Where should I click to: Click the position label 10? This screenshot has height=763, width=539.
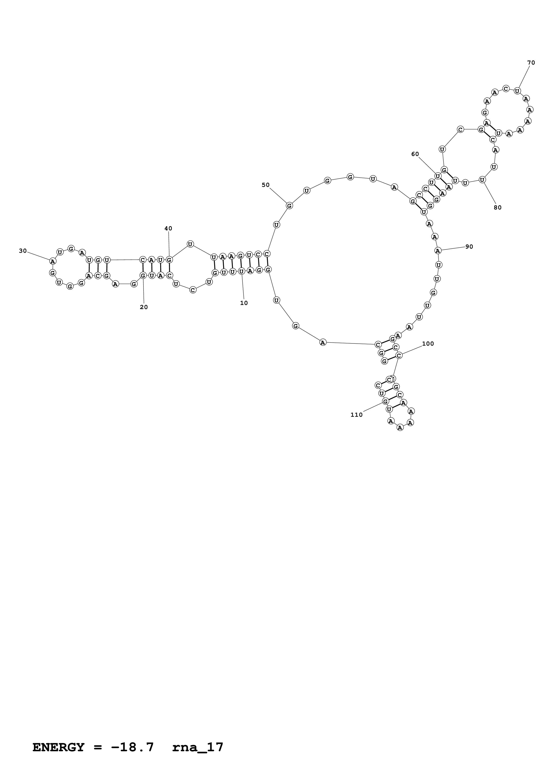244,303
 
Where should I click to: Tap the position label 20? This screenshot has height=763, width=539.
144,307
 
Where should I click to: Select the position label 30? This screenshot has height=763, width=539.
23,251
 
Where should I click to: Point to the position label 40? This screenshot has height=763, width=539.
168,228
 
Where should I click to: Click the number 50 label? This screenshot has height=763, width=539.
266,185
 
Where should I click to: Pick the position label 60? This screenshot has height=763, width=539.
415,154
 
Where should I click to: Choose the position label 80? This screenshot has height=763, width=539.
497,208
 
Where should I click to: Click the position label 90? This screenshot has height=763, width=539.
469,247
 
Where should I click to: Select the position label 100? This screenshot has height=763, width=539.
428,344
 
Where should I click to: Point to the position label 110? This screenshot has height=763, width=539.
357,415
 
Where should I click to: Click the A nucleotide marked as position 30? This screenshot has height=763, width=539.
52,261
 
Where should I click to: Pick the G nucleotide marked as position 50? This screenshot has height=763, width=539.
289,206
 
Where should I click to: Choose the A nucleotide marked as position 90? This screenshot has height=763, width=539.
438,251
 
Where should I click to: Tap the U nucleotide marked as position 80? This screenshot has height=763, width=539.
482,180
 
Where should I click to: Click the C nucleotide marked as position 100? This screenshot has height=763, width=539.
399,355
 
